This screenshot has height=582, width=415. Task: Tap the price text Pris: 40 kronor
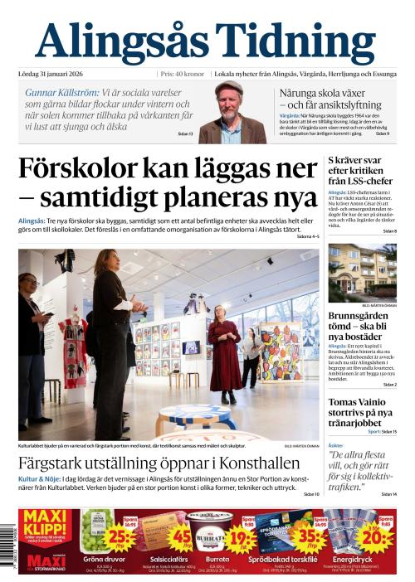[183, 73]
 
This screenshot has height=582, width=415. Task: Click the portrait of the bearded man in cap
[234, 112]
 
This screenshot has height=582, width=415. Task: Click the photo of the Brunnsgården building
[362, 273]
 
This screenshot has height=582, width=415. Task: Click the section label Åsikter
[337, 445]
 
